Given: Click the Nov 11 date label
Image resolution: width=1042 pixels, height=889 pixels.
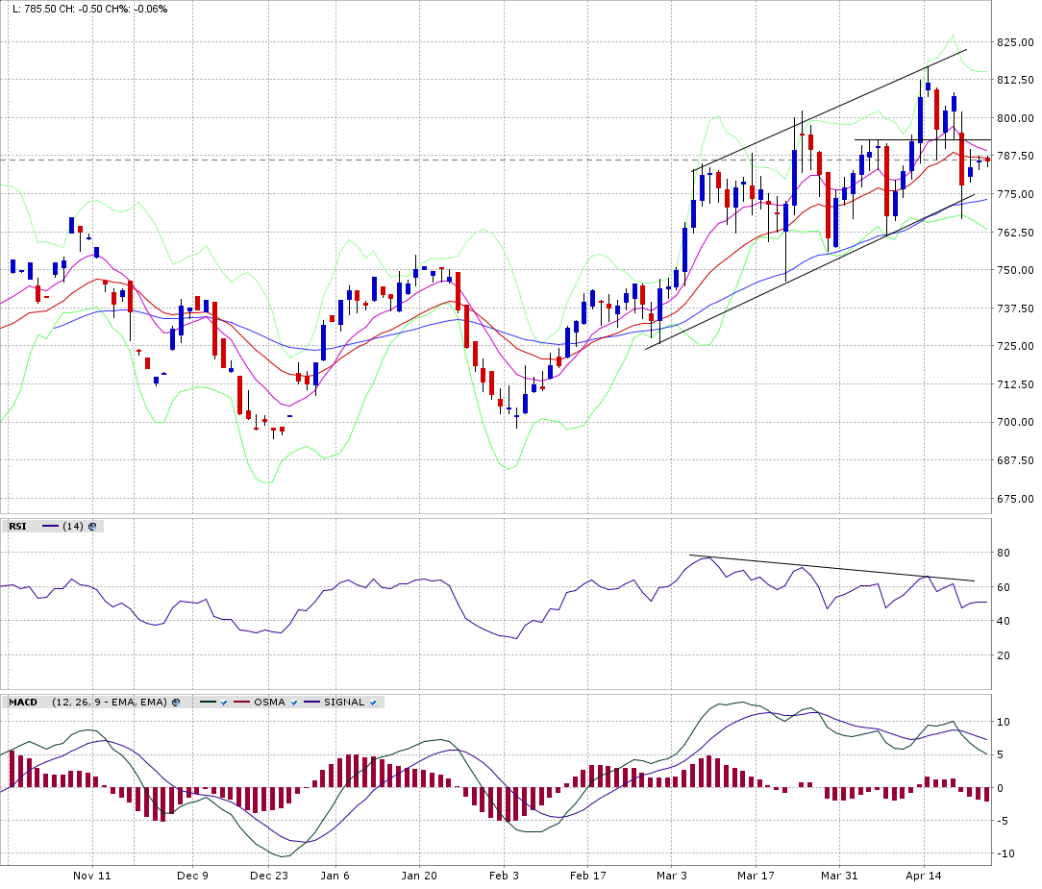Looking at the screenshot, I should coord(92,876).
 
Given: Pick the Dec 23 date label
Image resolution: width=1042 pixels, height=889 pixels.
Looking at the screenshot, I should coord(269,876).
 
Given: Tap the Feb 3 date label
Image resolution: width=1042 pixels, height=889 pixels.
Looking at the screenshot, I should coord(504,876).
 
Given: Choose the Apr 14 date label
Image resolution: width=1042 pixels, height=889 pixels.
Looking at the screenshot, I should coord(924,876).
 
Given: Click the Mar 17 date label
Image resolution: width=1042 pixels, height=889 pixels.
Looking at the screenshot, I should coord(756,876).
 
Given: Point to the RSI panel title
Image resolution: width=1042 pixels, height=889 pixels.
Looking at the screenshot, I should coord(17,526).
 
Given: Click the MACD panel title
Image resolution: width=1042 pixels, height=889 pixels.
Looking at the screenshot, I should coord(23,702).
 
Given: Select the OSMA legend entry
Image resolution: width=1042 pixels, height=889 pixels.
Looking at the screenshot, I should coord(269,702).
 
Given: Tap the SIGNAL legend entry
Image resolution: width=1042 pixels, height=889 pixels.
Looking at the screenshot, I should coord(343,702).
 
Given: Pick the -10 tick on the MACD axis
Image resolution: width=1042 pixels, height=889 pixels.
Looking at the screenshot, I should coord(1005,853).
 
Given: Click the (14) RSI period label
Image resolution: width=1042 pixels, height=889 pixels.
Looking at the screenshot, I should coord(73,526).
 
